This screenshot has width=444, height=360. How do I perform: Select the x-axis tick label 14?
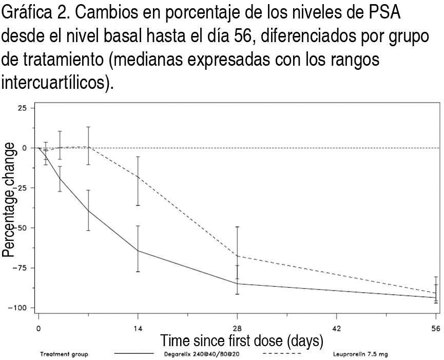pyautogui.click(x=138, y=329)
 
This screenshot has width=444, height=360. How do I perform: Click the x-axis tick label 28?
pyautogui.click(x=237, y=329)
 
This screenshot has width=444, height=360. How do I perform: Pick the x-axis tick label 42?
pyautogui.click(x=337, y=329)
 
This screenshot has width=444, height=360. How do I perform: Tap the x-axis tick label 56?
pyautogui.click(x=436, y=329)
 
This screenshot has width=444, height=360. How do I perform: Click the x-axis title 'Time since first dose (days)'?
pyautogui.click(x=242, y=340)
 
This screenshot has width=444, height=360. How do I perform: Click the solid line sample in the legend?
pyautogui.click(x=134, y=354)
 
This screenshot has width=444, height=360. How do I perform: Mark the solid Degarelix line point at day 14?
pyautogui.click(x=138, y=251)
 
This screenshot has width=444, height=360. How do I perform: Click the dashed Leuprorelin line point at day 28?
pyautogui.click(x=237, y=256)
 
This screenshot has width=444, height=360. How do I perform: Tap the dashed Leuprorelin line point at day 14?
pyautogui.click(x=138, y=177)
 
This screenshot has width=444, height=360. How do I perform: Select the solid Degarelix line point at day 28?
pyautogui.click(x=237, y=283)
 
